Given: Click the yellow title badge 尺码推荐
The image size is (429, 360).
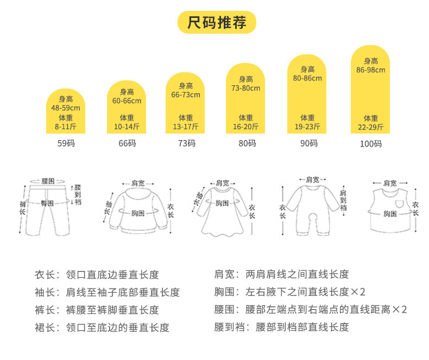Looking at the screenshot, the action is click(x=217, y=23).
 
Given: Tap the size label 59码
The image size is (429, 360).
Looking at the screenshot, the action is click(x=66, y=143).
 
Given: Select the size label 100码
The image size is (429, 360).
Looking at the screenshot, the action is click(x=371, y=144).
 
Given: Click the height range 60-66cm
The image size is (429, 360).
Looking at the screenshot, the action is click(x=127, y=101).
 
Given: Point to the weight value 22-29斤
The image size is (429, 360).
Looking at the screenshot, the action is click(x=371, y=128).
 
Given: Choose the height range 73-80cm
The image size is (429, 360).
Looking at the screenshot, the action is click(x=245, y=89).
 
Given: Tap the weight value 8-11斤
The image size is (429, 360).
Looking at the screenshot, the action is click(x=66, y=128).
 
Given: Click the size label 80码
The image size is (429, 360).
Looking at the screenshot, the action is click(x=246, y=143).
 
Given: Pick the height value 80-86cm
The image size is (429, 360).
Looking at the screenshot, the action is click(x=307, y=78).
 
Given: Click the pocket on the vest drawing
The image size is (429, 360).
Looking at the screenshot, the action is click(x=400, y=204).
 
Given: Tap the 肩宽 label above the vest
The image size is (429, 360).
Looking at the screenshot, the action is click(x=389, y=183).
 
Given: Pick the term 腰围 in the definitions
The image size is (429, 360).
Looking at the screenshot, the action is click(x=225, y=310).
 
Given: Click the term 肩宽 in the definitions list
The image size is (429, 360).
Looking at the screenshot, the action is click(x=225, y=275).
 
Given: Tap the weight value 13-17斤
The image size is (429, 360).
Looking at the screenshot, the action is click(x=186, y=128).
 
